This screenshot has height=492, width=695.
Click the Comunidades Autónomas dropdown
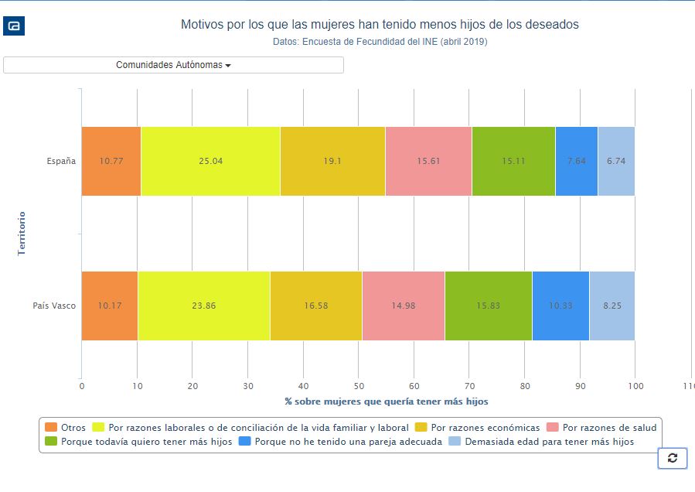point(173,65)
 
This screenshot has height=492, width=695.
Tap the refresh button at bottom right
point(672,458)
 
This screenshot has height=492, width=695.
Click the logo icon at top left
point(15,26)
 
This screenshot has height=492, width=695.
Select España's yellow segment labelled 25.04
point(210,161)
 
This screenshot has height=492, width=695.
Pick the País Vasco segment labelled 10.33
point(560,306)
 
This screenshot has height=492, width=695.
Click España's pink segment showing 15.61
point(428,161)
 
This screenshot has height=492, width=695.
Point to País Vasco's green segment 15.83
point(489,306)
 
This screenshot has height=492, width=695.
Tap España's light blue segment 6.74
point(616,161)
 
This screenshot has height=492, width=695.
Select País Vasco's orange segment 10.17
point(109,306)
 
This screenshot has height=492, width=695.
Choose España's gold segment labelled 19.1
point(332,161)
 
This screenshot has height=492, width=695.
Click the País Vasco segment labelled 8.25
point(612,306)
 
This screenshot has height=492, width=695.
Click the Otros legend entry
point(66,427)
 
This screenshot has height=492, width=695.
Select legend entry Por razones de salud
point(601,427)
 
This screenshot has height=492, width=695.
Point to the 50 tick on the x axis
point(359,385)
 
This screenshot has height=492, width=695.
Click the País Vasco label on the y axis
point(54,306)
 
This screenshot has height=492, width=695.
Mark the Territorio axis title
point(22,233)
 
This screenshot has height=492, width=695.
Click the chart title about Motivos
point(380,25)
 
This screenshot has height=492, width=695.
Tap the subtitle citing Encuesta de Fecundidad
point(380,42)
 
